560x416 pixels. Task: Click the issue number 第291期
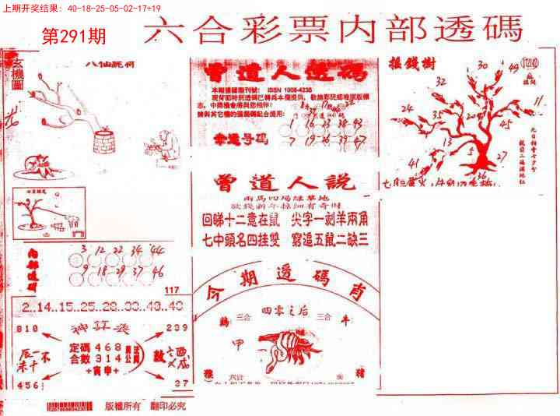pos(72,36)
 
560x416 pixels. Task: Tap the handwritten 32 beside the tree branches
pos(441,79)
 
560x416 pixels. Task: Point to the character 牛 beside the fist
pos(341,319)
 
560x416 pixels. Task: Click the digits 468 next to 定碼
pos(108,346)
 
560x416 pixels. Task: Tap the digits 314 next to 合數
pos(108,358)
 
